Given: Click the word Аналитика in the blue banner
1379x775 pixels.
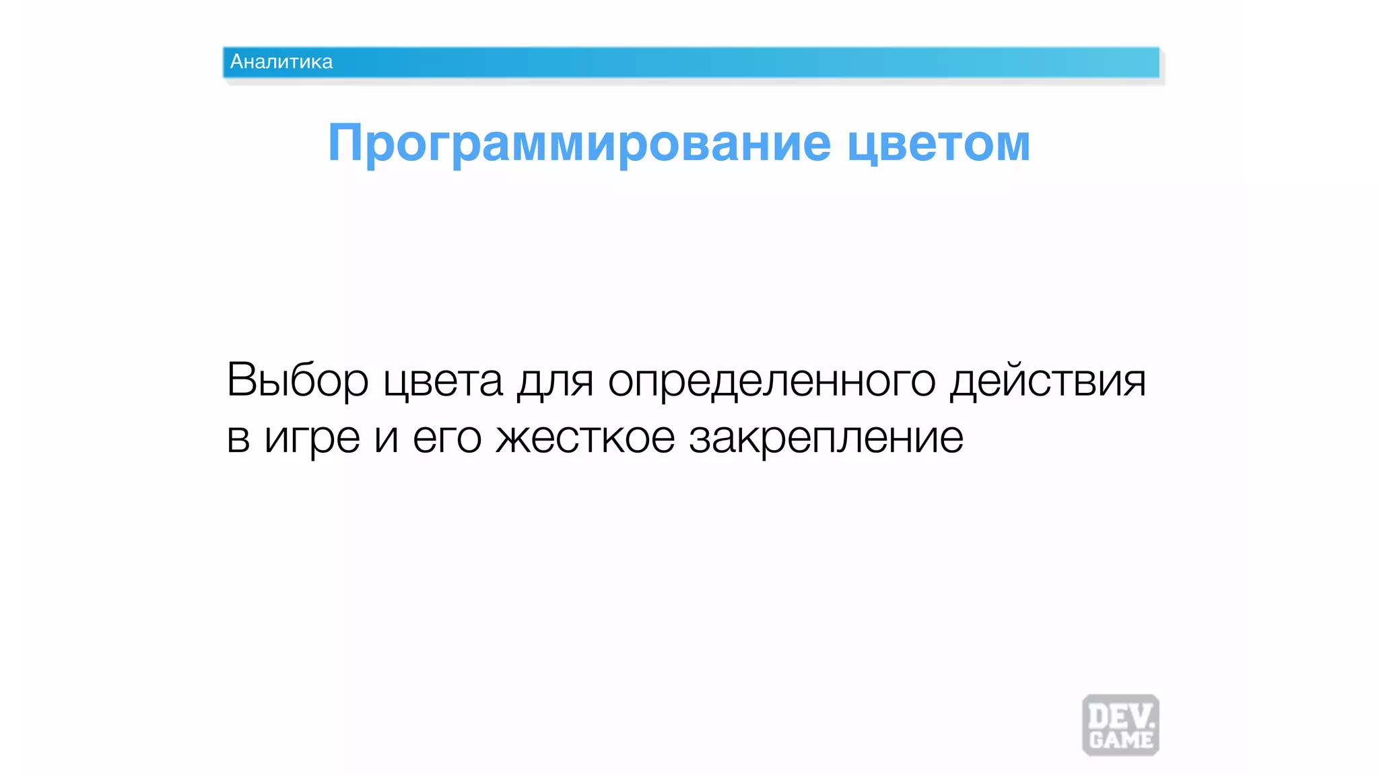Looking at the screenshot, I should tap(281, 62).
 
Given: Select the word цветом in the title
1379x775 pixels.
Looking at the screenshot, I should tap(939, 144).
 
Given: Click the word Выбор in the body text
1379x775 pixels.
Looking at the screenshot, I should tap(297, 381).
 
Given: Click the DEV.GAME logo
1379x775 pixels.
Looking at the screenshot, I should tap(1120, 725).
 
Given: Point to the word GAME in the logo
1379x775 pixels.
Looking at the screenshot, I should tap(1121, 740).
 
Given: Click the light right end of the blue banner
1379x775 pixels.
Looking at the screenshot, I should tap(1138, 63).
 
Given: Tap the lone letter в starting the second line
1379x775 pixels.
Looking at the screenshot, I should tap(238, 439).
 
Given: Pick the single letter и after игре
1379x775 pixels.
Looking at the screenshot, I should tap(386, 439).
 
